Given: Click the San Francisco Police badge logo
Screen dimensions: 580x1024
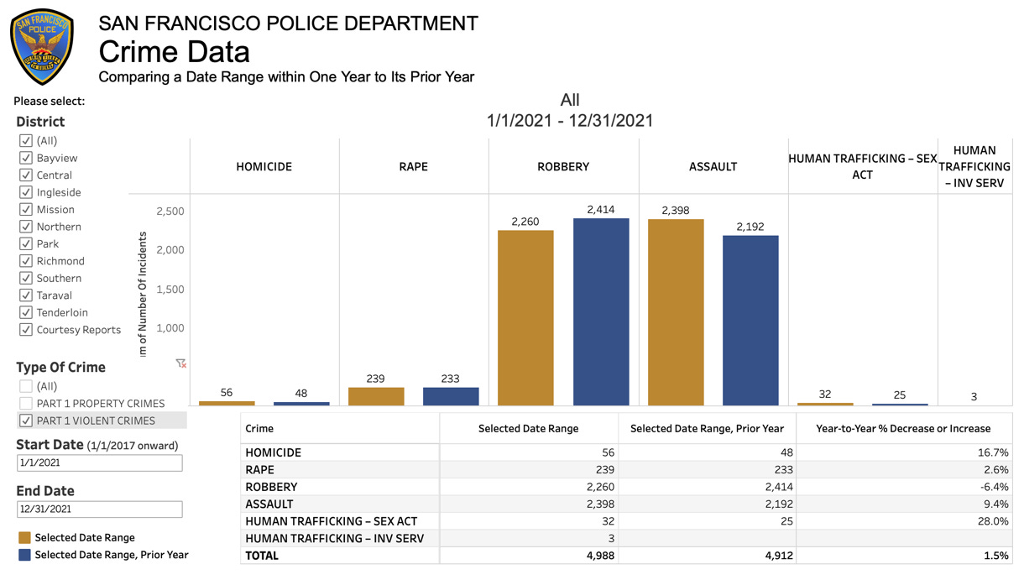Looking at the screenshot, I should tap(42, 47).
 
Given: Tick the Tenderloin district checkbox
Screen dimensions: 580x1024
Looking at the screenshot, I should tap(26, 312).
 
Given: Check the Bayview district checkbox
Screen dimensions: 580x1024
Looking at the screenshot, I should tap(26, 158).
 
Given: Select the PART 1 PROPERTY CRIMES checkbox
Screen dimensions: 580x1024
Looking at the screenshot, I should tap(26, 403).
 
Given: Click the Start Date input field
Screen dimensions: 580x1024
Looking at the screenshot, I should tap(99, 462).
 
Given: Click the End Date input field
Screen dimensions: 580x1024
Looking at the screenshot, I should tap(99, 509).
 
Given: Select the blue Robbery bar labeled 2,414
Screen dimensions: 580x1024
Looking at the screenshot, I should tap(601, 311).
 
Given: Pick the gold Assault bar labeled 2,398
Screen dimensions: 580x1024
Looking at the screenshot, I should tap(676, 312).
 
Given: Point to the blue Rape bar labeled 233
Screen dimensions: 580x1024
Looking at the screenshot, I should tap(451, 396).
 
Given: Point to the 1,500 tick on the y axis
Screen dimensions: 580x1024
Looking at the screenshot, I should tap(170, 289).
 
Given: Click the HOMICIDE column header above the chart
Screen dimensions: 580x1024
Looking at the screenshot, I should tap(264, 166).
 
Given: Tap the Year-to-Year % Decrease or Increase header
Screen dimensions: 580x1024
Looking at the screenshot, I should tap(903, 428).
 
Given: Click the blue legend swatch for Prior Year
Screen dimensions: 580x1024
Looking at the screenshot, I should tap(24, 555).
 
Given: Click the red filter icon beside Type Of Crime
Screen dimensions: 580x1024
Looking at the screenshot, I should tap(180, 363).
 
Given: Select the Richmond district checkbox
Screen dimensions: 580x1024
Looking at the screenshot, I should tap(26, 261).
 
